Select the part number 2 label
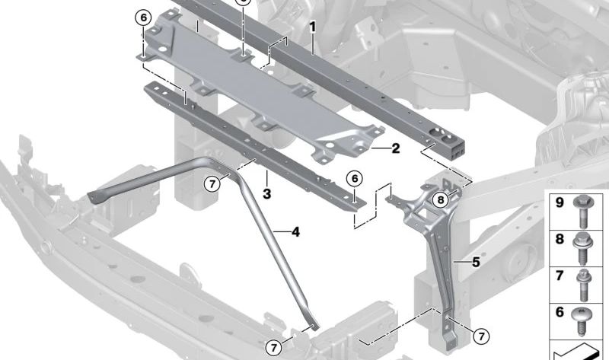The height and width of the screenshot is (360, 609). point(395,148)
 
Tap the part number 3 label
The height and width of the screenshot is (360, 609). point(267,195)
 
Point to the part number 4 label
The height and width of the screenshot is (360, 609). point(295,231)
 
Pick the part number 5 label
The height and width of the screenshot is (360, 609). point(475,263)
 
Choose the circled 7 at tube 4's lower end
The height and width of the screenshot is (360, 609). point(274,348)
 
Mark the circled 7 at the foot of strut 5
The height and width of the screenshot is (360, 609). point(480,336)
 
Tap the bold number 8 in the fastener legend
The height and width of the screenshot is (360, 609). point(559,241)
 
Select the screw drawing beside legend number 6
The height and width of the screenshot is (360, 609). point(586,320)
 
